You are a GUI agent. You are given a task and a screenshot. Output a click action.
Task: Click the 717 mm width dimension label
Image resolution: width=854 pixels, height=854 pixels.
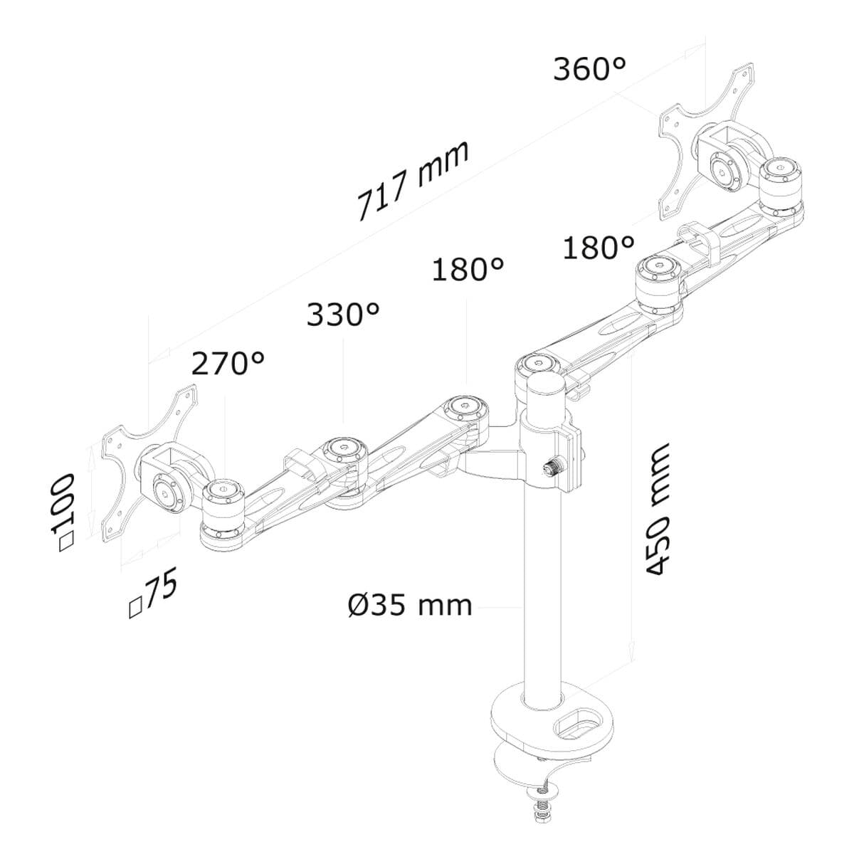(413, 181)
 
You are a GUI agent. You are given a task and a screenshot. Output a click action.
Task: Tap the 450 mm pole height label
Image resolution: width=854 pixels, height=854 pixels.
(658, 509)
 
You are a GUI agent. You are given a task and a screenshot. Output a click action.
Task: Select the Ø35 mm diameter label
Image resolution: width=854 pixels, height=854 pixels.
(411, 606)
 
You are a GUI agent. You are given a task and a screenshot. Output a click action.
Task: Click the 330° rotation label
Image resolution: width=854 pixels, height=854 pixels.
(343, 315)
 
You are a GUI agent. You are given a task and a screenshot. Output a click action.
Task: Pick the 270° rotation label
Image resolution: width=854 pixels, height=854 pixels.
(228, 364)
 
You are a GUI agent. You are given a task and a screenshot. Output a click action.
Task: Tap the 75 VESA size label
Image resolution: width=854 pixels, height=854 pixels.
(153, 596)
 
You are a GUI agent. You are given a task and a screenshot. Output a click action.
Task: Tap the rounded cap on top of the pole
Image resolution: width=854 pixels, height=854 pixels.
(544, 388)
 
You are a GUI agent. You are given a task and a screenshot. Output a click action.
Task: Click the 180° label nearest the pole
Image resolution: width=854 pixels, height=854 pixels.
(468, 270)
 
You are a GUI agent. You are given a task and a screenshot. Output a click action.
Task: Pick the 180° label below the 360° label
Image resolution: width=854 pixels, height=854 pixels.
(598, 248)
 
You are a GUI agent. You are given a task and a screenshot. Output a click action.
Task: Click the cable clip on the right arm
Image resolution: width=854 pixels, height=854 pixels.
(697, 241)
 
